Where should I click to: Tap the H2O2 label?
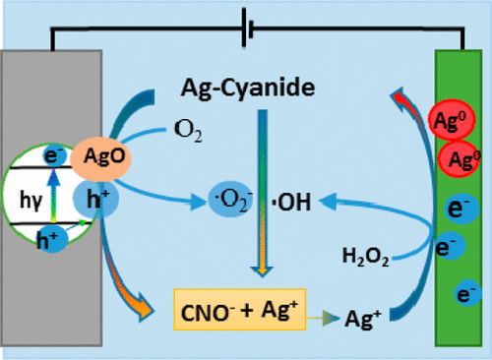(367, 259)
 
